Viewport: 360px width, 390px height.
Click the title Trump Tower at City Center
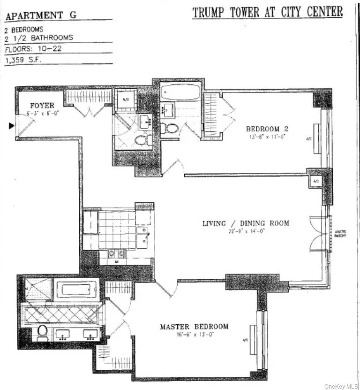point(267,12)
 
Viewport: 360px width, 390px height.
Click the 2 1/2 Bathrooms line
point(32,38)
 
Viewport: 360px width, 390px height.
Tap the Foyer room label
point(42,106)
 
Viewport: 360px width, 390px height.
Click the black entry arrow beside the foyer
point(11,125)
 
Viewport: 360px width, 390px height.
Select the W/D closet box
point(126,99)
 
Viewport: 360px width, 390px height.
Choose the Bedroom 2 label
point(270,129)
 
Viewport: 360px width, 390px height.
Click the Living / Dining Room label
point(245,223)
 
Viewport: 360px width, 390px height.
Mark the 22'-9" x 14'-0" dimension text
point(245,231)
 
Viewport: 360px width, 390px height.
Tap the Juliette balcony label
point(340,234)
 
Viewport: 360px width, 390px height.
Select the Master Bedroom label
point(194,327)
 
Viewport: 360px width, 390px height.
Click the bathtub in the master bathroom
point(76,289)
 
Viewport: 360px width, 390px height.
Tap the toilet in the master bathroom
point(43,331)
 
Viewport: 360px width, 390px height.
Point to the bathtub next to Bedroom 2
point(180,91)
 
